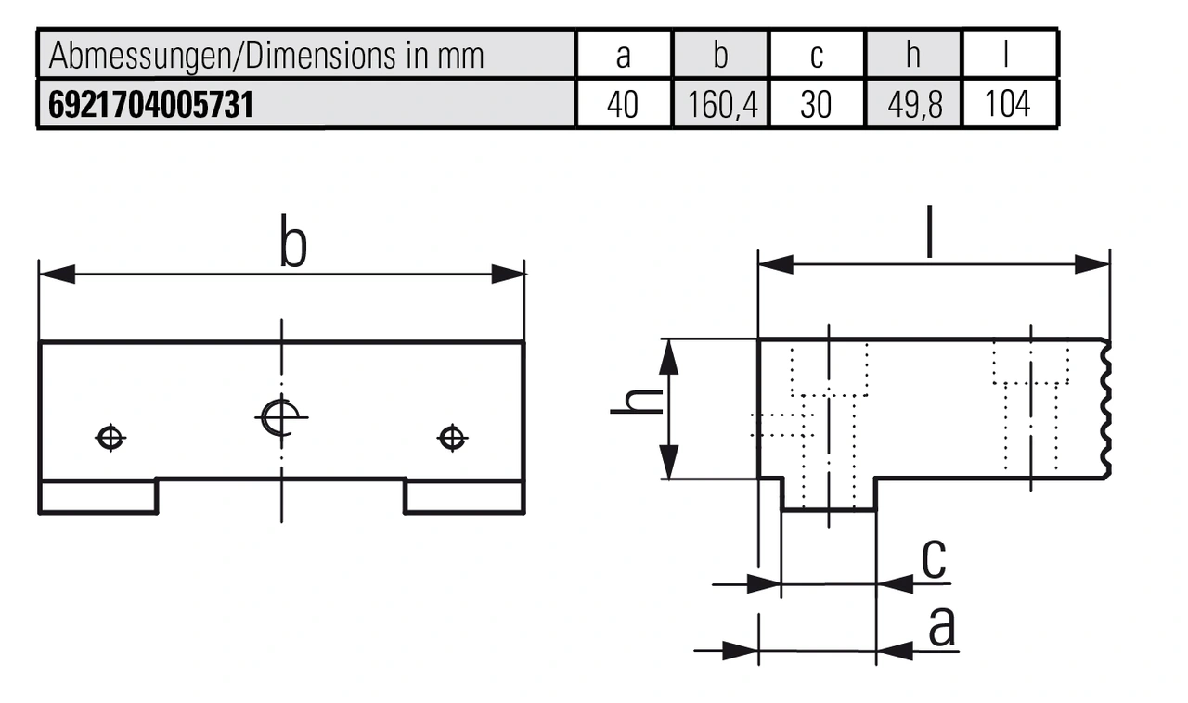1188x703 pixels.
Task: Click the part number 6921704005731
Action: pos(149,105)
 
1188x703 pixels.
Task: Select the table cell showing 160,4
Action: pos(722,105)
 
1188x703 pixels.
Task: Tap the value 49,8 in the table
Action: pos(914,105)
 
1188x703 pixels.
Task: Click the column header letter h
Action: pos(913,56)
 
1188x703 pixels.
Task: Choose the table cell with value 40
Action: pos(623,105)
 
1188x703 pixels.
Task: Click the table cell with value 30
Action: pos(816,105)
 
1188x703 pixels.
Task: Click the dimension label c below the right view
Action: pos(935,558)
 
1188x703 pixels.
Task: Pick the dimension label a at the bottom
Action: pos(941,627)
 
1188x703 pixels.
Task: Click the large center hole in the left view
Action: pos(278,416)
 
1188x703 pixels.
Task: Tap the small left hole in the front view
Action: pos(110,437)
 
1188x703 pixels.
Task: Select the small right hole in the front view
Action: pos(451,436)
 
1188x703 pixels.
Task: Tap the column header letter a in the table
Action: pos(623,56)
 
